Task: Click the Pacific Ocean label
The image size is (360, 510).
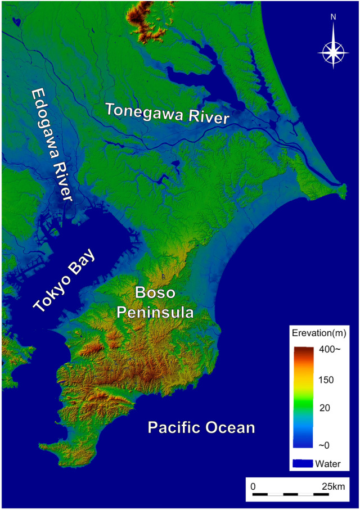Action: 201,428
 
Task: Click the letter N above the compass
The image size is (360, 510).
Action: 333,17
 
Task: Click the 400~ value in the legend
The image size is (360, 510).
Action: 330,350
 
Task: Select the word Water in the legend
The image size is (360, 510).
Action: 330,464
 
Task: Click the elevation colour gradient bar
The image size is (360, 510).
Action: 304,397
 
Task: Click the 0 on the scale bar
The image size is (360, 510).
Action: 253,485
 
